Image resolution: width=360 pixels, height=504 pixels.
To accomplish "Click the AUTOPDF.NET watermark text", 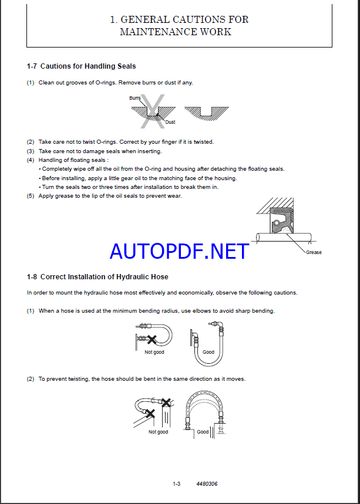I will pyautogui.click(x=179, y=251).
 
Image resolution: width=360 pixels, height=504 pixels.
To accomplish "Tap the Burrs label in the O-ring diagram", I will pyautogui.click(x=135, y=98).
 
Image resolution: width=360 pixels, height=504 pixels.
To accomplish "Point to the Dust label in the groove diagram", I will pyautogui.click(x=170, y=122).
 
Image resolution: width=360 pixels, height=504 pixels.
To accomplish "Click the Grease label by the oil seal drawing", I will pyautogui.click(x=314, y=252).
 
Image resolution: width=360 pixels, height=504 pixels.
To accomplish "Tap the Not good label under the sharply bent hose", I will pyautogui.click(x=154, y=352).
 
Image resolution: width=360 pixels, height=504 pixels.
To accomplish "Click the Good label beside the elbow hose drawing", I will pyautogui.click(x=208, y=352).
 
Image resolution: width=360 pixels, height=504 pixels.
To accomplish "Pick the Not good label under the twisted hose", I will pyautogui.click(x=158, y=432).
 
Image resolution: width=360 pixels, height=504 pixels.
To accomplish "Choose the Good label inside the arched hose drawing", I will pyautogui.click(x=203, y=432).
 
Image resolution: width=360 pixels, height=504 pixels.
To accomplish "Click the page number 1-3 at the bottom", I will pyautogui.click(x=176, y=483).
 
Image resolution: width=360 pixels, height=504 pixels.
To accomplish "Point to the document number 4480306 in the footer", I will pyautogui.click(x=206, y=483).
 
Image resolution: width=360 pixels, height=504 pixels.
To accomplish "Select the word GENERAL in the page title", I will pyautogui.click(x=143, y=19).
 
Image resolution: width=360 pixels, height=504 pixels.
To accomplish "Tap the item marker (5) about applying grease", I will pyautogui.click(x=31, y=196).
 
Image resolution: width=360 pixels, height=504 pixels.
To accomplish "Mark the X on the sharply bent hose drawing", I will pyautogui.click(x=152, y=339).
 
